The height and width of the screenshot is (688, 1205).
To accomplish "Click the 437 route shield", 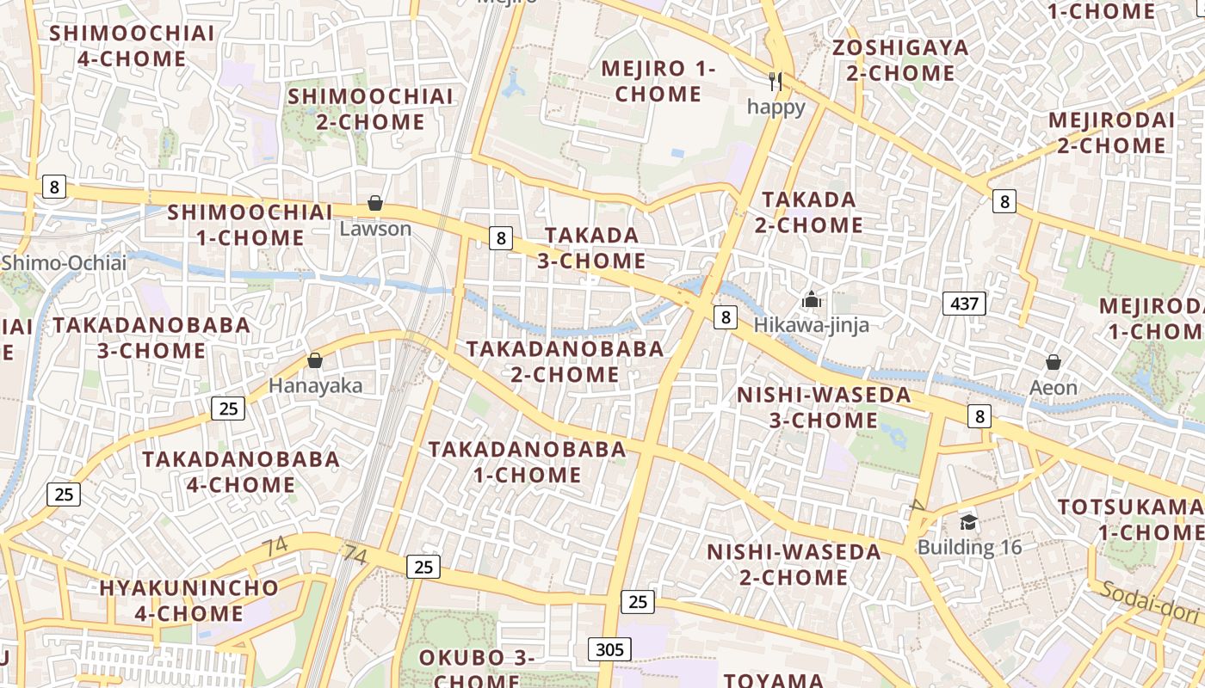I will tap(964, 303).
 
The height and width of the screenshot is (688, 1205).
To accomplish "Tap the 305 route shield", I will tap(609, 648).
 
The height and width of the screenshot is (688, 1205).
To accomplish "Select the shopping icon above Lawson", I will tap(375, 204).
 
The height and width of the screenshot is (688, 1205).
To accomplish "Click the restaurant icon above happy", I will tap(776, 82).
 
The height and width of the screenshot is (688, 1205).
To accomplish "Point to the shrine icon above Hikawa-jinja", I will tap(811, 300).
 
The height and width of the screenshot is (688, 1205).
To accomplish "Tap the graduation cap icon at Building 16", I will tap(968, 522).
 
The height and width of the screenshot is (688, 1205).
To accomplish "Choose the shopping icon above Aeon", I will tap(1053, 362).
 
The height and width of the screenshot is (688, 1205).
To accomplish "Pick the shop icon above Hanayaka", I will tap(315, 360).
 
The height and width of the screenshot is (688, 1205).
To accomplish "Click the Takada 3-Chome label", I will tap(591, 248).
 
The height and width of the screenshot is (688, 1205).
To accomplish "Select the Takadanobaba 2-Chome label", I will tap(565, 361).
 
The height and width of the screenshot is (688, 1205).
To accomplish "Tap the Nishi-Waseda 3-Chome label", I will tap(824, 408).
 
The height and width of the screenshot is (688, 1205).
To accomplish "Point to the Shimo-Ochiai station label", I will tap(64, 262).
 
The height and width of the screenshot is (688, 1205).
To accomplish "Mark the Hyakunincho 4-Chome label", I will tap(188, 600).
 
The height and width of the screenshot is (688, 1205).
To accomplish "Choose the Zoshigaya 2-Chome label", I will tap(900, 60).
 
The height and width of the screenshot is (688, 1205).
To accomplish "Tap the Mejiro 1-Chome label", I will tap(658, 81).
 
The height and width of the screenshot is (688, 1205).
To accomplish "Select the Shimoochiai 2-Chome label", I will tap(370, 108).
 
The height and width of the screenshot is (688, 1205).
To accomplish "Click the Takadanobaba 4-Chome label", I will tap(241, 471).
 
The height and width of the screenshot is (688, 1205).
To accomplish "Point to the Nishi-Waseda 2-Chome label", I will tap(794, 564).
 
